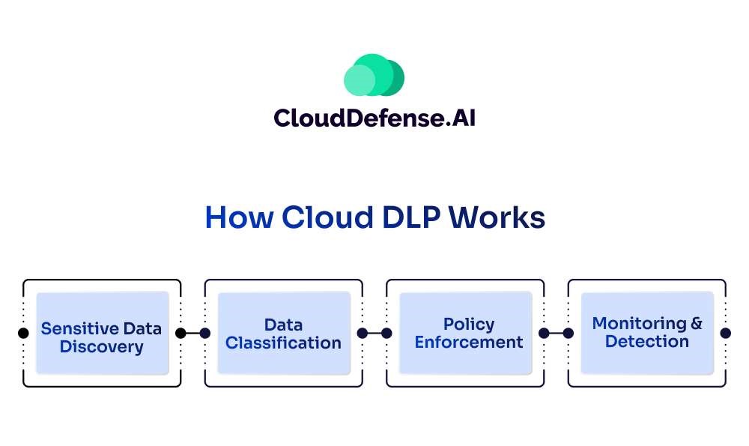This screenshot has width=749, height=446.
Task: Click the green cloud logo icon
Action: tap(374, 76)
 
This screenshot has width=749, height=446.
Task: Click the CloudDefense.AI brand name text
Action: tap(374, 118)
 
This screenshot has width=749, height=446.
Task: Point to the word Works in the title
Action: tap(497, 217)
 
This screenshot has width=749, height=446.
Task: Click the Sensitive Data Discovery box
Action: tap(102, 333)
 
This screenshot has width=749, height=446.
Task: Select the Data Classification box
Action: tap(283, 333)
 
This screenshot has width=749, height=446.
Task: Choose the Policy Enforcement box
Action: tap(465, 333)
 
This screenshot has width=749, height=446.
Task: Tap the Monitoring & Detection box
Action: tap(647, 333)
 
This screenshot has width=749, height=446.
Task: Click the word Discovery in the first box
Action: tap(102, 347)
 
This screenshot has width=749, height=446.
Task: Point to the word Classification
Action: tap(283, 343)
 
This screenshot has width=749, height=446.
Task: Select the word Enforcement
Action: tap(469, 343)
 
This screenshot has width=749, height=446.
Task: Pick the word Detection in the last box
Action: tap(647, 342)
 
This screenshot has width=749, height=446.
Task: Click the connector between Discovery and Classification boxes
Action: tap(192, 333)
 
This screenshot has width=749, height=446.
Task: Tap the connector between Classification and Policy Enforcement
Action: tap(374, 333)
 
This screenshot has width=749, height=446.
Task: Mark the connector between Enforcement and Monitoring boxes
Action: tap(556, 333)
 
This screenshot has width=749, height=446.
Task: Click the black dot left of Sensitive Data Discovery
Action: tap(23, 333)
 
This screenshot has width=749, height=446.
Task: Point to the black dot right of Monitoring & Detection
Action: tap(725, 333)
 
